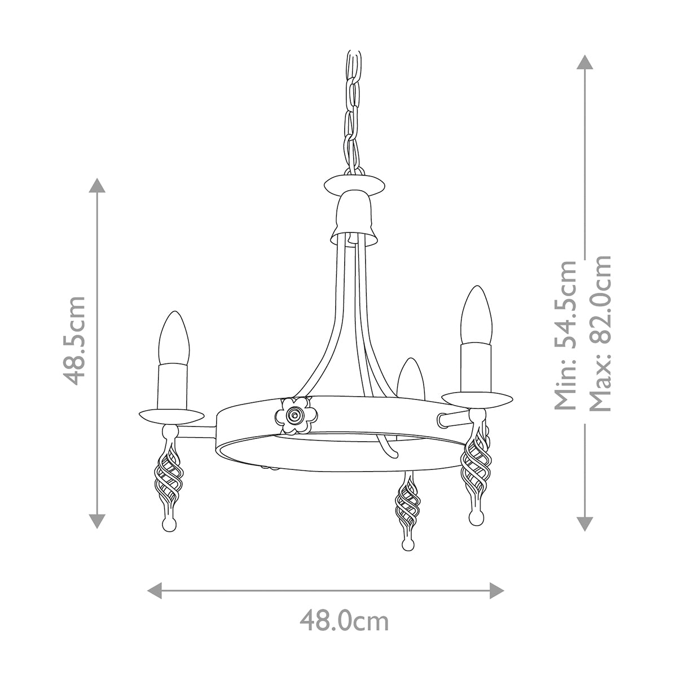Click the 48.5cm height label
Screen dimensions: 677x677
[x=75, y=340]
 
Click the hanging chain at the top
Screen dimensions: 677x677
[x=354, y=107]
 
